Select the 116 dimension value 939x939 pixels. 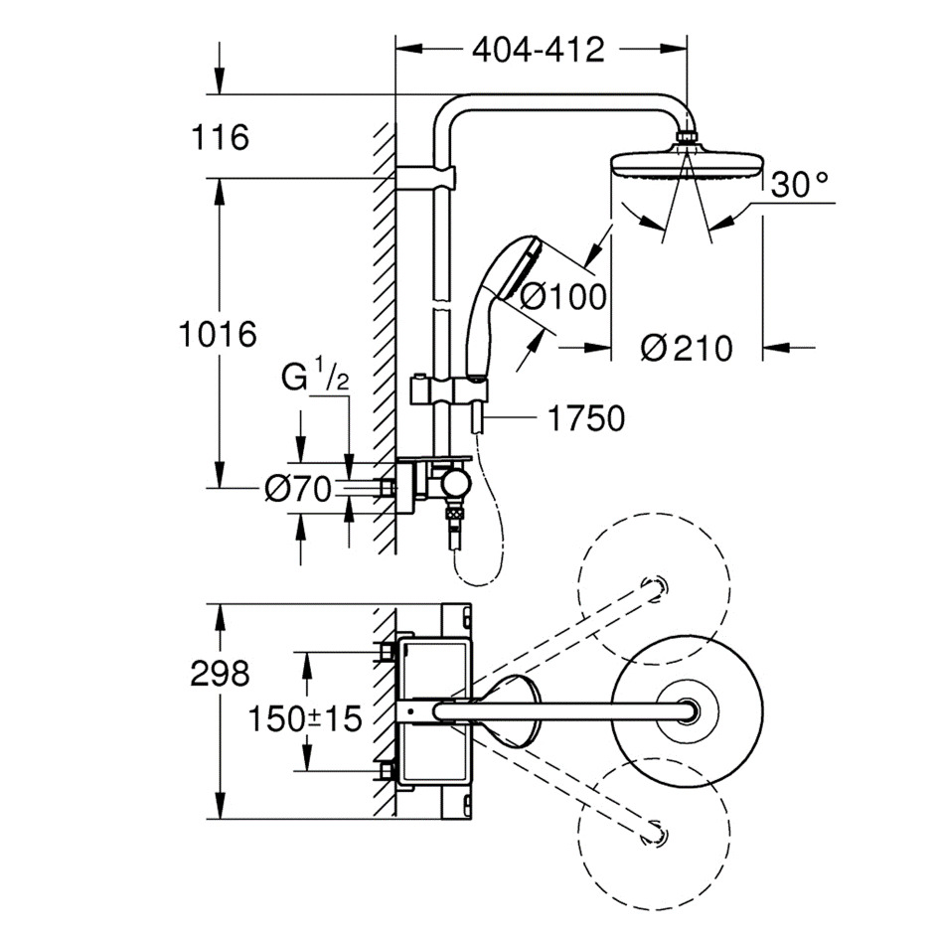(220, 137)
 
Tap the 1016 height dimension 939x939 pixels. (218, 334)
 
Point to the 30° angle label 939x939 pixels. (799, 185)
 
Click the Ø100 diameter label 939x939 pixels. (563, 296)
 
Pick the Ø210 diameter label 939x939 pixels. (687, 348)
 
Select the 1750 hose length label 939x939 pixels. (586, 418)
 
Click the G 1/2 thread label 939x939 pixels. (314, 379)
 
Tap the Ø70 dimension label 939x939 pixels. (298, 490)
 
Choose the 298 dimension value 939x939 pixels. (220, 674)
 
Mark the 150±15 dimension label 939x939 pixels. (305, 718)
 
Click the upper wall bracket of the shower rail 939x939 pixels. (425, 178)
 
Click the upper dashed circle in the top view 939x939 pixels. (654, 513)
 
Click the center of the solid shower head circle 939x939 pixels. (688, 710)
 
